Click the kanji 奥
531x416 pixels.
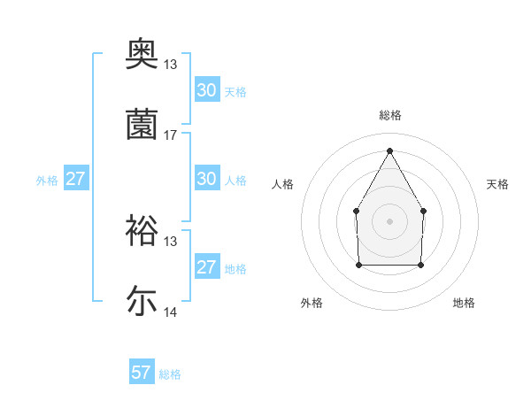pos(142,54)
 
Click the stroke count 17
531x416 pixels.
pos(171,135)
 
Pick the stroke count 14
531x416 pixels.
pos(171,312)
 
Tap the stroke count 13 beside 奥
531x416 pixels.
pos(171,65)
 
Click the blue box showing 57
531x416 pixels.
pos(142,373)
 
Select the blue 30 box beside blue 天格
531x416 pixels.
pos(207,90)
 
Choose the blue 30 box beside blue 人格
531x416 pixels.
pos(207,179)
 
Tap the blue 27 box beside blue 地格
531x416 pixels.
pos(207,267)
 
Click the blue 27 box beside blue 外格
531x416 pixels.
pos(76,179)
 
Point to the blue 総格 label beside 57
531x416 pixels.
pos(170,374)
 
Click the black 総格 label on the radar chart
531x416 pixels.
pos(390,115)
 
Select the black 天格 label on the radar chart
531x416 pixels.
pos(498,184)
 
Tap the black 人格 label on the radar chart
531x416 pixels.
pos(282,184)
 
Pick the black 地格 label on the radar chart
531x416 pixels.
pos(464,303)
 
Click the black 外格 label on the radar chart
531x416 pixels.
pos(312,303)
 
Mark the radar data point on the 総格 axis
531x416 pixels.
pos(389,150)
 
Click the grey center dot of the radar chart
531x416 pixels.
pos(389,220)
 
